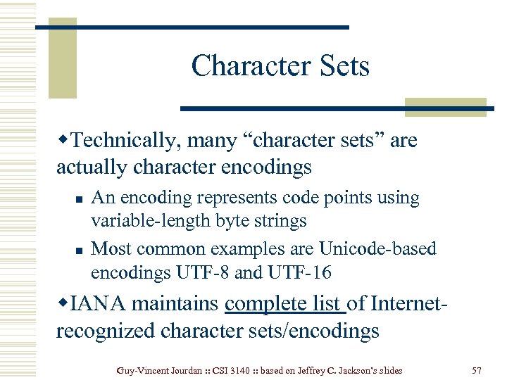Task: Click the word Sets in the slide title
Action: coord(343,66)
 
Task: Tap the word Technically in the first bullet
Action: coord(125,141)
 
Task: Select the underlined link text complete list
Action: coord(284,303)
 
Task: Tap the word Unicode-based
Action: coord(377,248)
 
